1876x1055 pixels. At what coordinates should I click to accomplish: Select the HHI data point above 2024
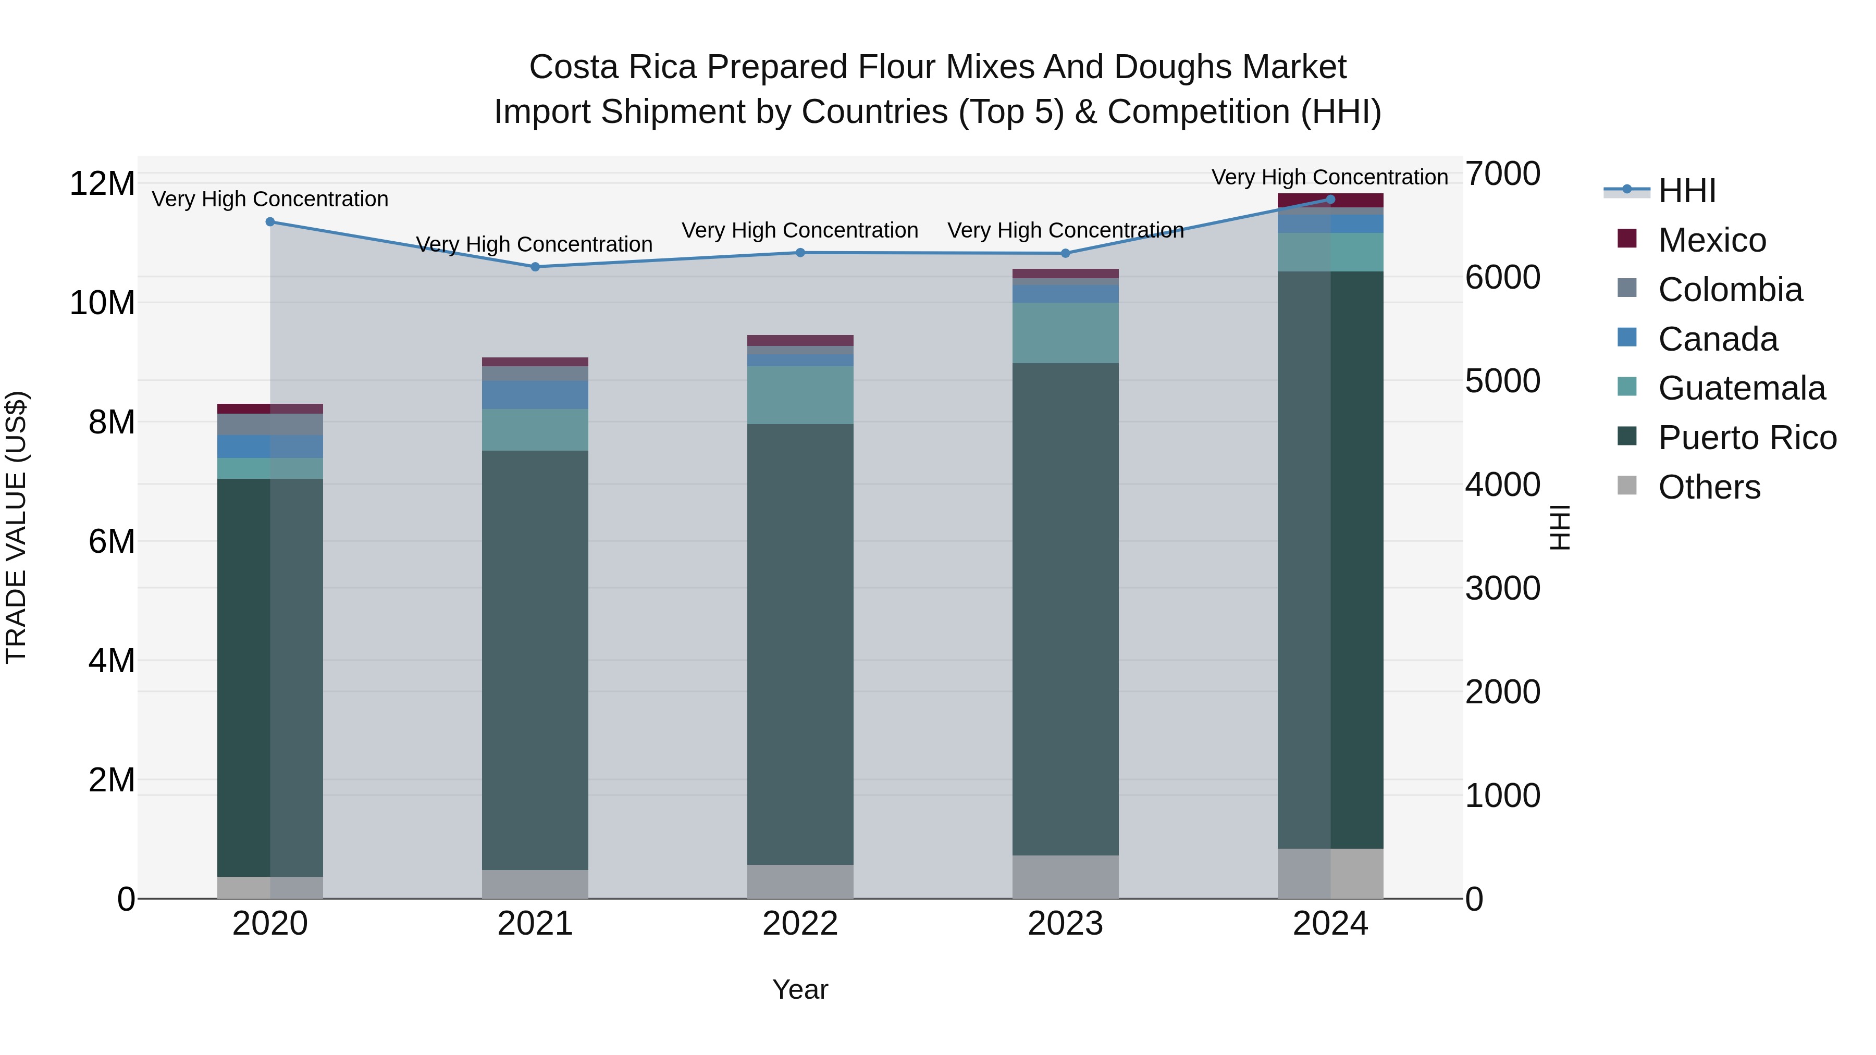tap(1330, 200)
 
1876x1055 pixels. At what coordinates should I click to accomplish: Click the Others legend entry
tap(1709, 487)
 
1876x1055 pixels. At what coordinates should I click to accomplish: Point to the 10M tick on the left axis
tap(102, 303)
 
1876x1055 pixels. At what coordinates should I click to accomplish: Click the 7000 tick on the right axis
tap(1502, 174)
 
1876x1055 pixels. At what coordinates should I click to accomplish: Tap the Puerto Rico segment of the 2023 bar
tap(1066, 609)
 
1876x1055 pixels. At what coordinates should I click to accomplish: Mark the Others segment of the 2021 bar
tap(535, 884)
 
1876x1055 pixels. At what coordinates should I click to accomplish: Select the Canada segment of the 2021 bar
tap(535, 394)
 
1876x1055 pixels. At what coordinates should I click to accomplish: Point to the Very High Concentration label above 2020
tap(270, 199)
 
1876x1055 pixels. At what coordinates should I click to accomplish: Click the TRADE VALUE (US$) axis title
tap(17, 527)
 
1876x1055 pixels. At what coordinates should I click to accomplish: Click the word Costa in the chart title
tap(574, 67)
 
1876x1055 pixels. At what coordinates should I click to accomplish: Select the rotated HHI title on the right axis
tap(1559, 527)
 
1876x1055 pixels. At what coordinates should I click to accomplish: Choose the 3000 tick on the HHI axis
tap(1502, 588)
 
